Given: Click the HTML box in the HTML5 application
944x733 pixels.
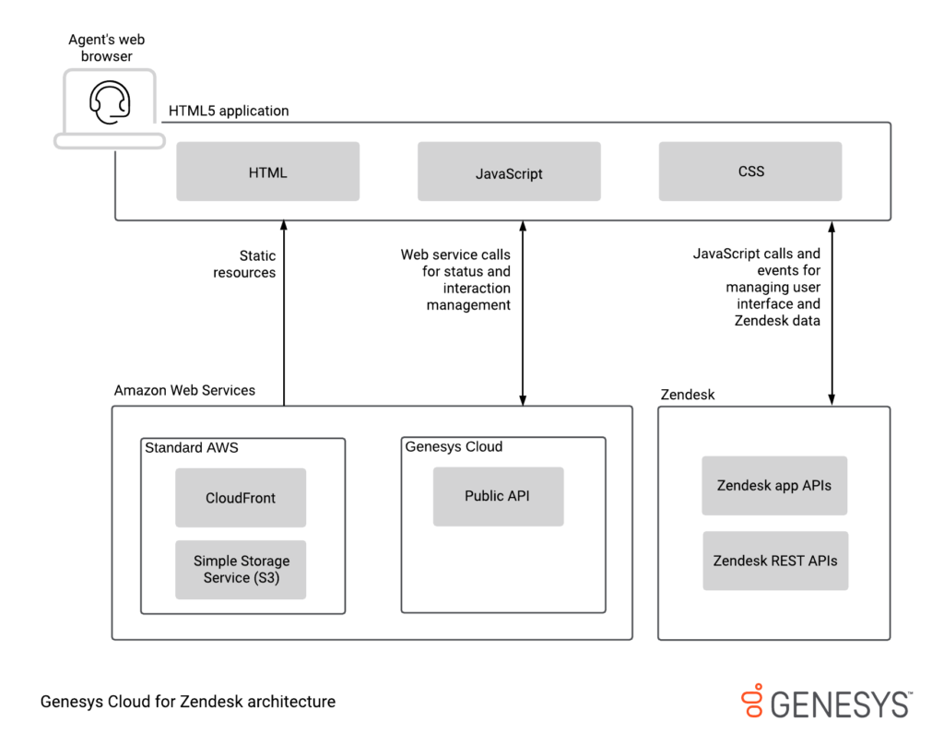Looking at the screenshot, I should click(x=267, y=171).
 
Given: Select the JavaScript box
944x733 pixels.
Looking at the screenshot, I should click(x=509, y=171).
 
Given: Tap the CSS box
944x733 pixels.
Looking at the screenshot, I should click(x=750, y=171).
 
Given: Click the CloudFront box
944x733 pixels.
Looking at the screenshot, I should click(x=241, y=498).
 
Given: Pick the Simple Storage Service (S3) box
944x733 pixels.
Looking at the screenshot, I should click(x=241, y=569).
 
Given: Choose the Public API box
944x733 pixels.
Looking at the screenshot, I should click(x=498, y=496).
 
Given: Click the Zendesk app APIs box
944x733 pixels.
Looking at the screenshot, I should click(x=774, y=486).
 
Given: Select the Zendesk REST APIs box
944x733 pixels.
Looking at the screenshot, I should click(x=775, y=561).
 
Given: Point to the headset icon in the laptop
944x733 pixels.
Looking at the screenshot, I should click(x=109, y=101).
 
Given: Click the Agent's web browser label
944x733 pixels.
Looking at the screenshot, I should click(x=107, y=48).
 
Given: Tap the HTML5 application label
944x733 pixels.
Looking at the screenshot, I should click(x=229, y=111).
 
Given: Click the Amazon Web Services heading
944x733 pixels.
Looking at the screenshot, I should click(x=184, y=390).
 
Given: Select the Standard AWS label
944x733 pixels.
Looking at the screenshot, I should click(x=191, y=448).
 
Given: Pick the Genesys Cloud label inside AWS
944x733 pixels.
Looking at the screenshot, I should click(x=454, y=447).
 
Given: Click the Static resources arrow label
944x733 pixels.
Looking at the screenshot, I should click(x=244, y=264).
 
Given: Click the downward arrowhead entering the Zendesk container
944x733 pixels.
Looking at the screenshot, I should click(x=832, y=399).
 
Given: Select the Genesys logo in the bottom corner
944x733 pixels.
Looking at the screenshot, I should click(x=827, y=702).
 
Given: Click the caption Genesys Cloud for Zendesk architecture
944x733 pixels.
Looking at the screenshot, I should click(x=188, y=702).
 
